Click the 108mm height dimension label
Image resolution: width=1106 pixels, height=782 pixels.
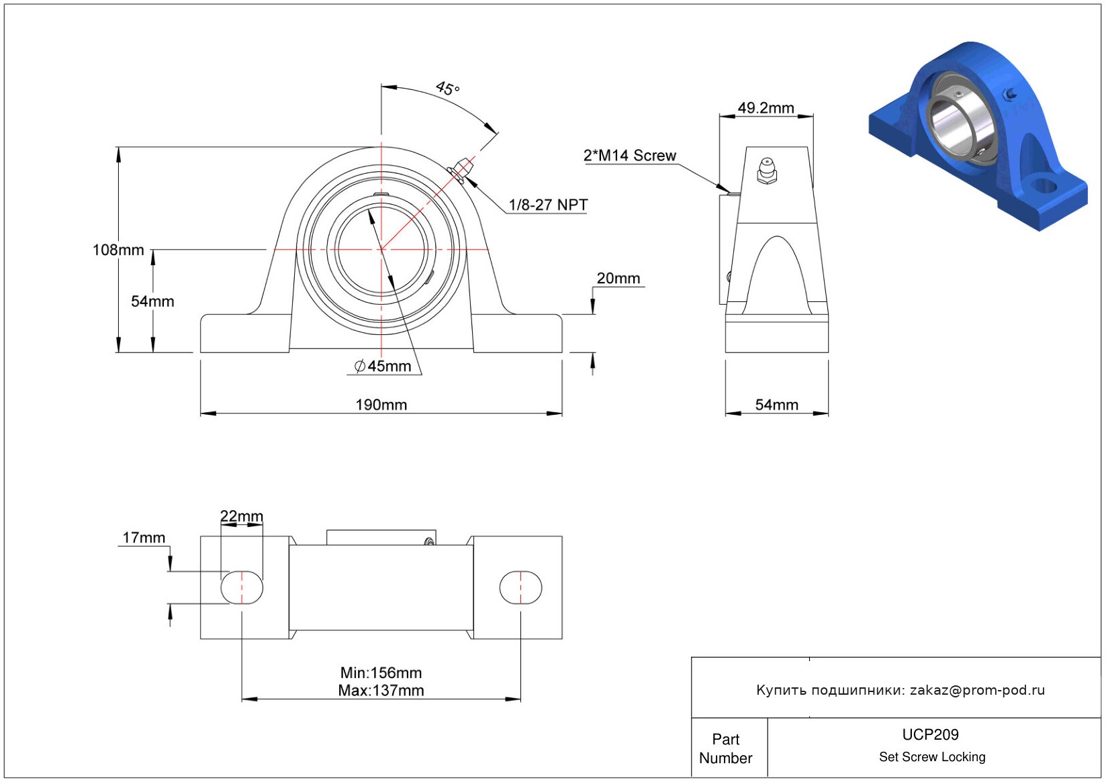(x=118, y=250)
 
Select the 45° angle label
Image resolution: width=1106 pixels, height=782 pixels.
(x=447, y=88)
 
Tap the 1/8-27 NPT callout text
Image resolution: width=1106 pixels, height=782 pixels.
(x=548, y=205)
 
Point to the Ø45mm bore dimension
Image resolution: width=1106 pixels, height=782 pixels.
(x=383, y=366)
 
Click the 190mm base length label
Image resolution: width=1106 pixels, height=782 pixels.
(x=381, y=405)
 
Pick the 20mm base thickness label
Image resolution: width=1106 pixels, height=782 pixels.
(x=618, y=279)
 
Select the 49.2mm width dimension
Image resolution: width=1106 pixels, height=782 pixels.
(x=766, y=108)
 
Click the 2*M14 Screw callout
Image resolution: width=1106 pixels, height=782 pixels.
(x=629, y=156)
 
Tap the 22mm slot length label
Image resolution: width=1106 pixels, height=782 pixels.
(x=242, y=516)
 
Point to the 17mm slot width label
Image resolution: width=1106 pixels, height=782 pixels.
(x=144, y=538)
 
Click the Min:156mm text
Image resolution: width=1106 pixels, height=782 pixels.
(x=381, y=673)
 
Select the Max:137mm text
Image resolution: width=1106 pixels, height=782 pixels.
(x=381, y=691)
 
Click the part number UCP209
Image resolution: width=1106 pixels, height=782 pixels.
(x=930, y=734)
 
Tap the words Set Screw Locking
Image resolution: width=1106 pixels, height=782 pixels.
(x=932, y=757)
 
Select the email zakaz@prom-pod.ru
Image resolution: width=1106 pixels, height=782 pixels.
(x=977, y=690)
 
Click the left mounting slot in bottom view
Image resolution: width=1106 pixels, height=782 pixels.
(x=242, y=587)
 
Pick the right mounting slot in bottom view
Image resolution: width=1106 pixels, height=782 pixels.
(x=520, y=587)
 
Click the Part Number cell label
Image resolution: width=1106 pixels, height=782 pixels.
(x=725, y=748)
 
